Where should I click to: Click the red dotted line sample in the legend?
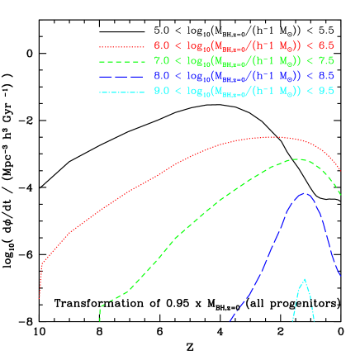123,45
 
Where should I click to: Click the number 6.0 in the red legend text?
161,45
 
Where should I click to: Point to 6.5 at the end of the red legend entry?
326,45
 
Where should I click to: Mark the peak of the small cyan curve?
305,279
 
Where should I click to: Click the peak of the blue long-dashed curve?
305,193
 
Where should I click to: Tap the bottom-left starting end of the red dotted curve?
40,298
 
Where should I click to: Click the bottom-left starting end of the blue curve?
230,320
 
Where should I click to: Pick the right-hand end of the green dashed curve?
341,196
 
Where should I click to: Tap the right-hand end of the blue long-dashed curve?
341,278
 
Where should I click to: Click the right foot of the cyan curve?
314,320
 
